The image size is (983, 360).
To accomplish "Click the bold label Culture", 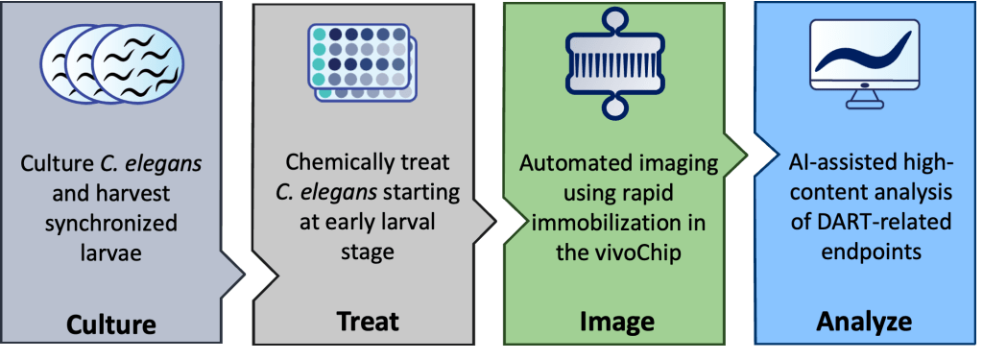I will coord(110,324).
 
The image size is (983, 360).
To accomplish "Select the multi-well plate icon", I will coord(363,62).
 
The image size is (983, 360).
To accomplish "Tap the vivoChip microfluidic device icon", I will coord(616,60).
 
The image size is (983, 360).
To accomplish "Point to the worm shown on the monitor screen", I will coord(865,54).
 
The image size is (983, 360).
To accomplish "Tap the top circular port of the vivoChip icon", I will coord(616,18).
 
